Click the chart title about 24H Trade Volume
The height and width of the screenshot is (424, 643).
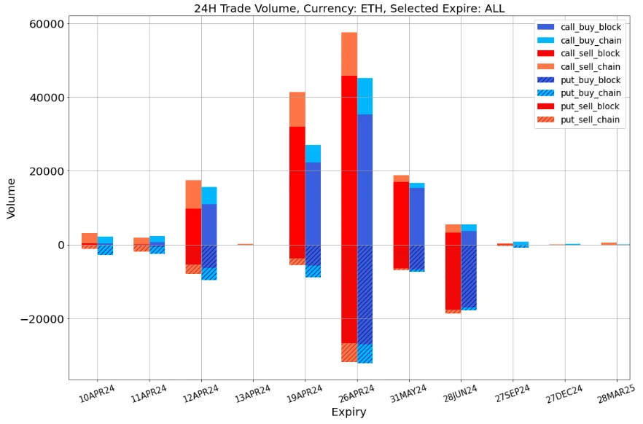point(348,9)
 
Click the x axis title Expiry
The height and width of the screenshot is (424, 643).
point(348,412)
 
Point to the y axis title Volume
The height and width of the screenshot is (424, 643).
point(11,198)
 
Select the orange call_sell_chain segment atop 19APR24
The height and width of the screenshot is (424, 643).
point(297,109)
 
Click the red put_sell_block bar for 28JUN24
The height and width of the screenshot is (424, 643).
point(453,278)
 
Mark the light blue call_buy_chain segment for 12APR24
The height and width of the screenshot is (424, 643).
point(209,195)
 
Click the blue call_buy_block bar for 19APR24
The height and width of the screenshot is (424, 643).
point(313,203)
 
